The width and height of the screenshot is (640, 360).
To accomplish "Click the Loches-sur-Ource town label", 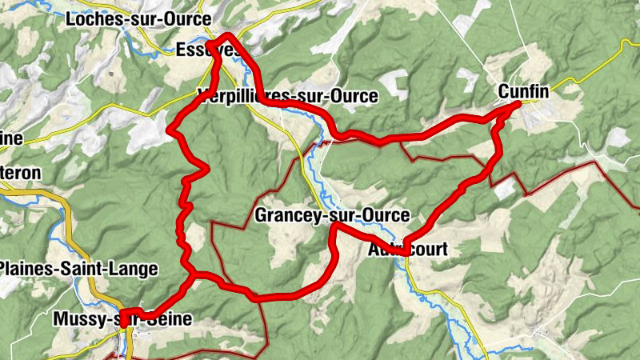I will pos(140,18).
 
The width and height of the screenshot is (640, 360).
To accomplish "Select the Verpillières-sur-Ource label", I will pos(287,96).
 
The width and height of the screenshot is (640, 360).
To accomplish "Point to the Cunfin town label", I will pos(523,92).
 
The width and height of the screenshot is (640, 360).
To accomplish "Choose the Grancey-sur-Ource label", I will pos(332,215).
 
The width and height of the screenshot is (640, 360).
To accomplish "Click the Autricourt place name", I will pos(407,250).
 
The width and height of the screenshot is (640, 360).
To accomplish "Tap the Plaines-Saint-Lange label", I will pos(79,269).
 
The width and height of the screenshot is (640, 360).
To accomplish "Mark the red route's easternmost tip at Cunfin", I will pos(519,103).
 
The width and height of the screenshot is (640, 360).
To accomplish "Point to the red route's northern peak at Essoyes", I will pos(229,35).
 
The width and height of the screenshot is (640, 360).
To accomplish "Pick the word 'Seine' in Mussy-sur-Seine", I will pos(170,319).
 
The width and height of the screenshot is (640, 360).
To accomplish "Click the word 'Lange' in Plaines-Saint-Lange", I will pos(135,269).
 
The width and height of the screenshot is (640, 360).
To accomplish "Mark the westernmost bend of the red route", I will pos(168,129).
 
